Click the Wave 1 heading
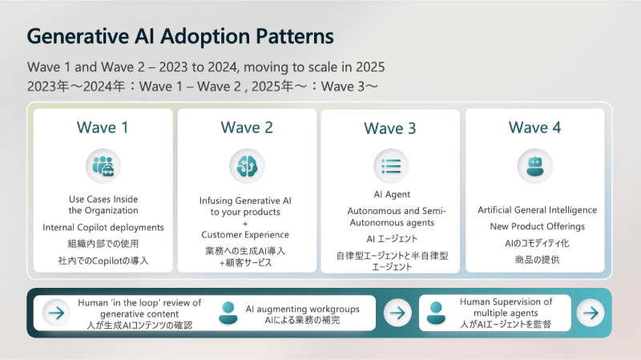(x=103, y=127)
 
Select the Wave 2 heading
(x=247, y=127)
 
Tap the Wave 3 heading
(x=390, y=127)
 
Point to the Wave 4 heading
(x=534, y=127)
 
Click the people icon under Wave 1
(x=103, y=165)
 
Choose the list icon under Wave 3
(x=391, y=166)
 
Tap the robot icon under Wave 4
(x=534, y=166)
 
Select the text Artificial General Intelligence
(x=537, y=210)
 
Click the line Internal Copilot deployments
(x=103, y=228)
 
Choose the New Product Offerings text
(x=534, y=226)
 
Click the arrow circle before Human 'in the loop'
(x=56, y=313)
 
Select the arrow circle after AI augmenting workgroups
(x=397, y=313)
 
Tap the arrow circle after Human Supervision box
(x=591, y=313)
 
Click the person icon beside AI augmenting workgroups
(x=228, y=312)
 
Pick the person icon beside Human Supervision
(x=437, y=312)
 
